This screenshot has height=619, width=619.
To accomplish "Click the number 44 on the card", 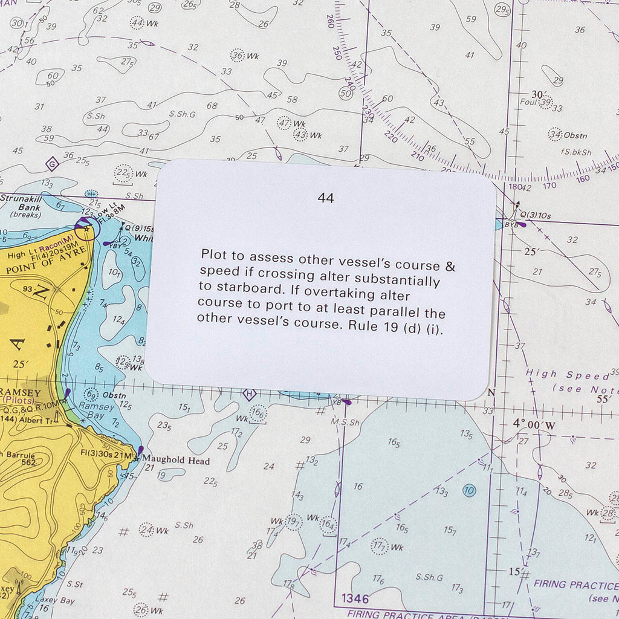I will [325, 198].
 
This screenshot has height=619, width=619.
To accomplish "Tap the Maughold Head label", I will [176, 461].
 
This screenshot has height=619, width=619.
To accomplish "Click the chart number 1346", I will [354, 598].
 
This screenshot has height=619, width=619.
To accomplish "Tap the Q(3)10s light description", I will [536, 215].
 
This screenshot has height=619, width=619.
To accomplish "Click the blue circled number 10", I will [468, 490].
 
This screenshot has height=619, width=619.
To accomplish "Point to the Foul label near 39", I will [528, 102].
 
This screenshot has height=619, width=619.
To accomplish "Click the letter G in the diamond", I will [52, 163].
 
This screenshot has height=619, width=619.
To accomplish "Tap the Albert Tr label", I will [37, 420].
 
